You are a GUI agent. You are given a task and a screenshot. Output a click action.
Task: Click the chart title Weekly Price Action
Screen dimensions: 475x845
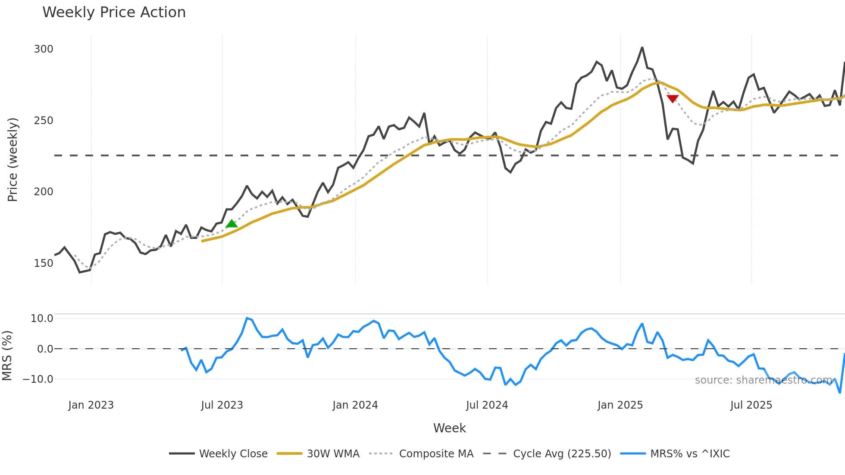coord(114,12)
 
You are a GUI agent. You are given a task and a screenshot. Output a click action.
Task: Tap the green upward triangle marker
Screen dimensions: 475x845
coord(232,223)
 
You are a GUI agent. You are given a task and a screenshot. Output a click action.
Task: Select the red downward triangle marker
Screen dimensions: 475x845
coord(673,99)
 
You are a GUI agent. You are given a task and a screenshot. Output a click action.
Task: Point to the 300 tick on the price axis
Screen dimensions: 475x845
coord(44,49)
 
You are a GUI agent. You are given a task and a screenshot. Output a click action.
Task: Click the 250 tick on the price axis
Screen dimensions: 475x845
coord(44,121)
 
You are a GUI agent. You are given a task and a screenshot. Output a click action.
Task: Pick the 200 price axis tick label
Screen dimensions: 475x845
coord(44,192)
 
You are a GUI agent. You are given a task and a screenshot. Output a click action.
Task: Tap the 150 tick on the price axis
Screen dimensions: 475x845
coord(44,263)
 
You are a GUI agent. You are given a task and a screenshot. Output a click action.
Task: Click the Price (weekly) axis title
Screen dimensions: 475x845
coord(13,159)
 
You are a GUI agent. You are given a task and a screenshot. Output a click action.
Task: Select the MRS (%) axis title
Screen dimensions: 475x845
coord(7,356)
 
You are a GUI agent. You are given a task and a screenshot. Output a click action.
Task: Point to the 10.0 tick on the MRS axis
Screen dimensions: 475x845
coord(42,319)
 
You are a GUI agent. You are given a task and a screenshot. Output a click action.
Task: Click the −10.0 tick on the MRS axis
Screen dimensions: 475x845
coord(38,379)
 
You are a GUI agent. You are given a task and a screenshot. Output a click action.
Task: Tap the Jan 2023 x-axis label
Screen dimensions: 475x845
coord(91,405)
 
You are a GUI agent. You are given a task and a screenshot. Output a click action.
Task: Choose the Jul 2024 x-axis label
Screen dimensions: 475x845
coord(487,405)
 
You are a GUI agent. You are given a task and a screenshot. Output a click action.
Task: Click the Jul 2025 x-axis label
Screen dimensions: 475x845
coord(751,405)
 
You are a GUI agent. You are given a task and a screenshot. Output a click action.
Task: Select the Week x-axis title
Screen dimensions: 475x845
coord(449,428)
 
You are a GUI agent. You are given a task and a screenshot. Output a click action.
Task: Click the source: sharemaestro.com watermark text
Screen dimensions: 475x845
coord(764,380)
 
